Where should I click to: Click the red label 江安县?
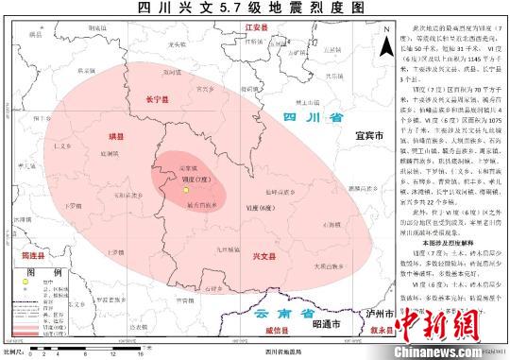[x=258, y=28]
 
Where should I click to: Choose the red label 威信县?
[x=280, y=332]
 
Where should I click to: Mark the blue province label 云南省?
[x=275, y=314]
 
